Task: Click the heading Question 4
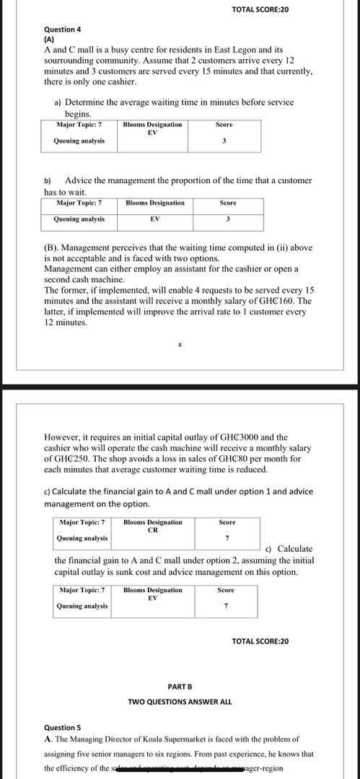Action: click(63, 29)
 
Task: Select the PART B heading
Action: click(180, 687)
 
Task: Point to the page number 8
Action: click(180, 345)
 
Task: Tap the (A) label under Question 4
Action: click(49, 39)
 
